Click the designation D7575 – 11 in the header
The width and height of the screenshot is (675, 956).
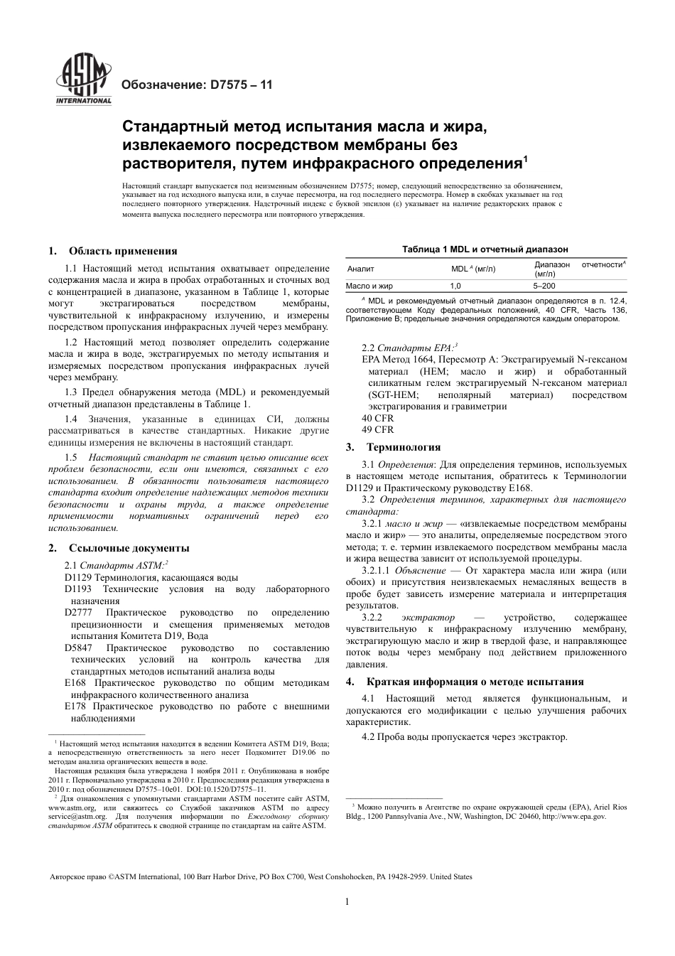point(198,85)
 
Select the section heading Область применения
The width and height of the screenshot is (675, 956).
point(123,251)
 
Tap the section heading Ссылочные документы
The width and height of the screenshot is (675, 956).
point(129,548)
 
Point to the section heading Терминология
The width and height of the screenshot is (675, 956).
point(403,447)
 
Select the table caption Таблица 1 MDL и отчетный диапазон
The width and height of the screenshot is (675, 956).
point(485,249)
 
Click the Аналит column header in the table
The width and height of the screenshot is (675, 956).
point(361,269)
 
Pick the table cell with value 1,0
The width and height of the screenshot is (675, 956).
point(455,286)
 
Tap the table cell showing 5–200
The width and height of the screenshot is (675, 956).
point(545,286)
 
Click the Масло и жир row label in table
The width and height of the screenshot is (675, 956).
point(369,286)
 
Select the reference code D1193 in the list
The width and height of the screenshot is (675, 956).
point(78,589)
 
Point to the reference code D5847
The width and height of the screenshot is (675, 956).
point(78,648)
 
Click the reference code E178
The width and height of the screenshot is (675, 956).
point(75,707)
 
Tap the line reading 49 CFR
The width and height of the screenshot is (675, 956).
point(377,429)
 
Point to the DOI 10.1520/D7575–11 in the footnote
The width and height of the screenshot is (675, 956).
point(226,789)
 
